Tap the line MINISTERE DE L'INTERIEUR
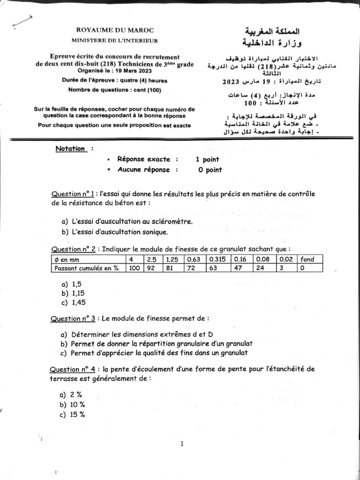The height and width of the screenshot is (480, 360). pyautogui.click(x=118, y=41)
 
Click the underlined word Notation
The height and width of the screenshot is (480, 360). pyautogui.click(x=70, y=149)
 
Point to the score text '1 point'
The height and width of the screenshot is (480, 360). pyautogui.click(x=208, y=159)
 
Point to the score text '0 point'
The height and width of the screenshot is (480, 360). pyautogui.click(x=210, y=170)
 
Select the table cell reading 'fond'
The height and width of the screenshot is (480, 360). pyautogui.click(x=307, y=259)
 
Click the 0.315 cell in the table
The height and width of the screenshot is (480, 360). pyautogui.click(x=217, y=259)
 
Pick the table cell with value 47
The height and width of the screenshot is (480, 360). pyautogui.click(x=240, y=268)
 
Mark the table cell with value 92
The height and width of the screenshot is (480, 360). pyautogui.click(x=151, y=268)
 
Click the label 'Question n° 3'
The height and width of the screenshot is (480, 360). pyautogui.click(x=74, y=318)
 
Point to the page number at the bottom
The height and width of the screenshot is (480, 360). pyautogui.click(x=181, y=444)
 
